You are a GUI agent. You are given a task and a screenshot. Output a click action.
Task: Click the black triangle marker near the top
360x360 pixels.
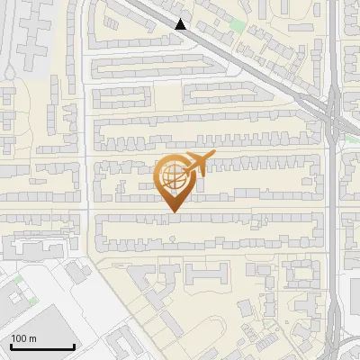click(182, 24)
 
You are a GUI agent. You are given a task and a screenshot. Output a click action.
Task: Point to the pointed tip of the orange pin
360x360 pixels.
click(173, 212)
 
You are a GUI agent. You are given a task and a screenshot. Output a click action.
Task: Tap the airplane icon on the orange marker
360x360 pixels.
click(197, 164)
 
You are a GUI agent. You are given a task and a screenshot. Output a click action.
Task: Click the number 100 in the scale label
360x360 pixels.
click(20, 338)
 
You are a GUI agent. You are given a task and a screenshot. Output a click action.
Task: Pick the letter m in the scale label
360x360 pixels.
click(32, 338)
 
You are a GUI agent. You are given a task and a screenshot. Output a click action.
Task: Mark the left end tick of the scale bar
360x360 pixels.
click(11, 345)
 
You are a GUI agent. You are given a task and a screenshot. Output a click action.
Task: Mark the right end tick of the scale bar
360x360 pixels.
click(74, 345)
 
